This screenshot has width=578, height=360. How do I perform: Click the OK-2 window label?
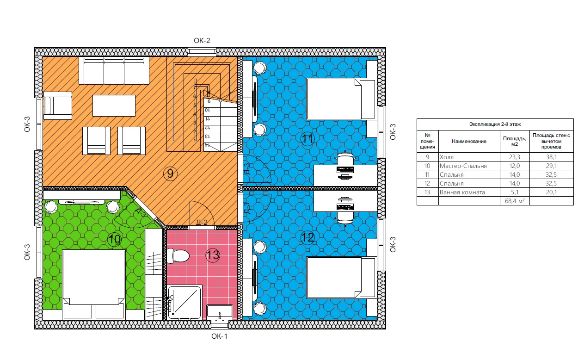(202, 41)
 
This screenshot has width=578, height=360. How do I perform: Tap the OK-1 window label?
(219, 336)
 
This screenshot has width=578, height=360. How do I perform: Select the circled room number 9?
(170, 173)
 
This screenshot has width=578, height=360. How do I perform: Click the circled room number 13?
(213, 255)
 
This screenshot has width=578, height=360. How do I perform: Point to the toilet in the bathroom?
(178, 256)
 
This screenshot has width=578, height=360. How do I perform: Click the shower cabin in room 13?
(184, 302)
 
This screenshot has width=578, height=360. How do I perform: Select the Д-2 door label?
(202, 223)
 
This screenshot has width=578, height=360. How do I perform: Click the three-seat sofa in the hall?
(114, 70)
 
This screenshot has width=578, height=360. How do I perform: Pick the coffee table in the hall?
(114, 106)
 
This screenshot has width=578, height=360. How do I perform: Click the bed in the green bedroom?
(94, 284)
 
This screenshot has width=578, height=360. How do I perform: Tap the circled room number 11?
(307, 139)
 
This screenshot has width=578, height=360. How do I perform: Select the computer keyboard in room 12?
(345, 207)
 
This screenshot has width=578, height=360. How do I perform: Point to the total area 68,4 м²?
(515, 201)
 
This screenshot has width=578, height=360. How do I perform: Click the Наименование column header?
(469, 141)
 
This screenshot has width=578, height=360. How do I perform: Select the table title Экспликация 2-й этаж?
(495, 124)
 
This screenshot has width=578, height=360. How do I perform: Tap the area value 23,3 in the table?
(515, 157)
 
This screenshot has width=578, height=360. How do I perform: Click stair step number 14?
(207, 146)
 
